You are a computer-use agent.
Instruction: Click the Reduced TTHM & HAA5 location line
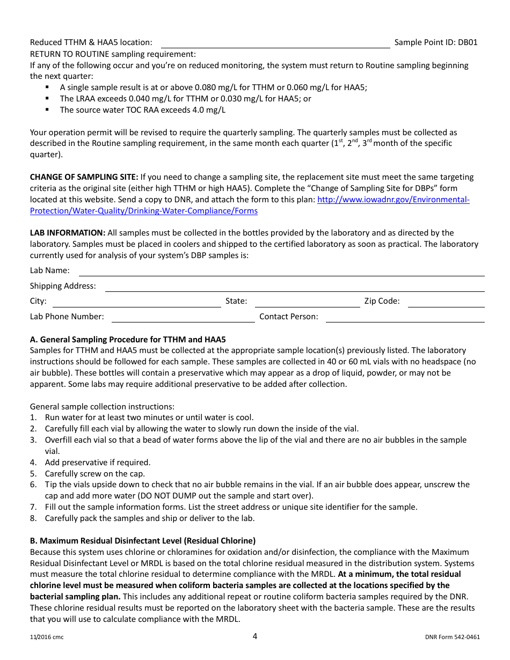click(275, 43)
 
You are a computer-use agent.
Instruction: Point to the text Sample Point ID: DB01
click(435, 42)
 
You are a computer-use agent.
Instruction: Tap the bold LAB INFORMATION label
click(68, 233)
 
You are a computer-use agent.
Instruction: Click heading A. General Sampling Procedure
click(128, 340)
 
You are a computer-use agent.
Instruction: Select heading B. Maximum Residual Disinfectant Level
click(142, 541)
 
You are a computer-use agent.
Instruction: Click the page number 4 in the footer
click(255, 636)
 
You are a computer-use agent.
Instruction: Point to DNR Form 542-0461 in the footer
click(452, 637)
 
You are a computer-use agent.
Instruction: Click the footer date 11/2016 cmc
click(47, 637)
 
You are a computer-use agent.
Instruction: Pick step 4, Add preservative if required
click(98, 463)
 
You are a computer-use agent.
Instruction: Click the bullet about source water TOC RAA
click(142, 110)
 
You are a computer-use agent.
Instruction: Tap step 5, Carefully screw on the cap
click(95, 474)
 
